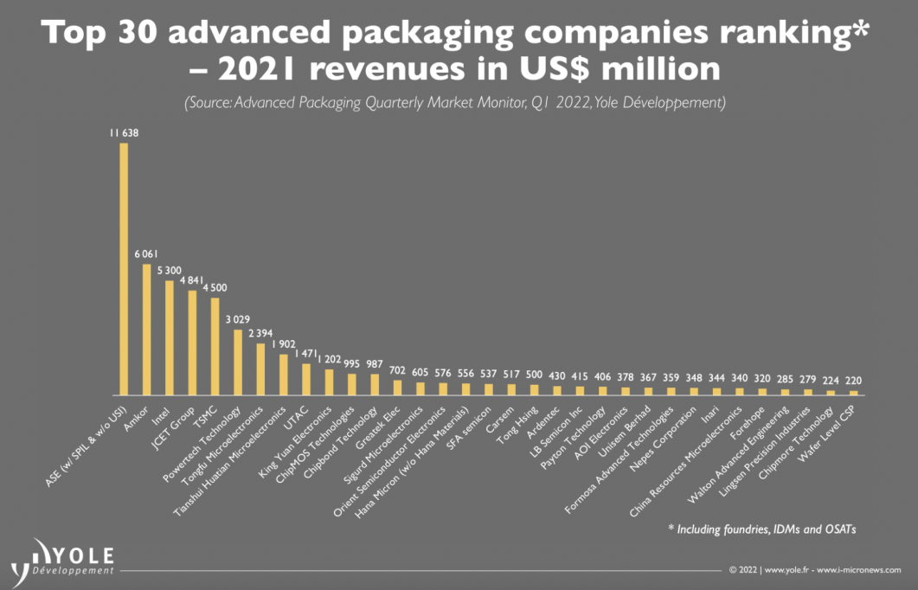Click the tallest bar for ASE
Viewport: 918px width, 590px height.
pyautogui.click(x=124, y=268)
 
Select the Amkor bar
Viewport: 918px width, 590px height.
pyautogui.click(x=147, y=329)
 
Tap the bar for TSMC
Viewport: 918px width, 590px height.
pyautogui.click(x=215, y=346)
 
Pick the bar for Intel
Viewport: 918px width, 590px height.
pyautogui.click(x=170, y=337)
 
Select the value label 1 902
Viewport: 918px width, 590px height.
pyautogui.click(x=283, y=344)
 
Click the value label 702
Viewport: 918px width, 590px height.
pyautogui.click(x=397, y=370)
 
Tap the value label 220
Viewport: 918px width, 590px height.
pyautogui.click(x=853, y=381)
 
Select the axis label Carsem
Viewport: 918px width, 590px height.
pyautogui.click(x=500, y=412)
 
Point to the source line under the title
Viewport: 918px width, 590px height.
pyautogui.click(x=455, y=102)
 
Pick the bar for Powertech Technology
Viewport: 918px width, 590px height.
pyautogui.click(x=238, y=362)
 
